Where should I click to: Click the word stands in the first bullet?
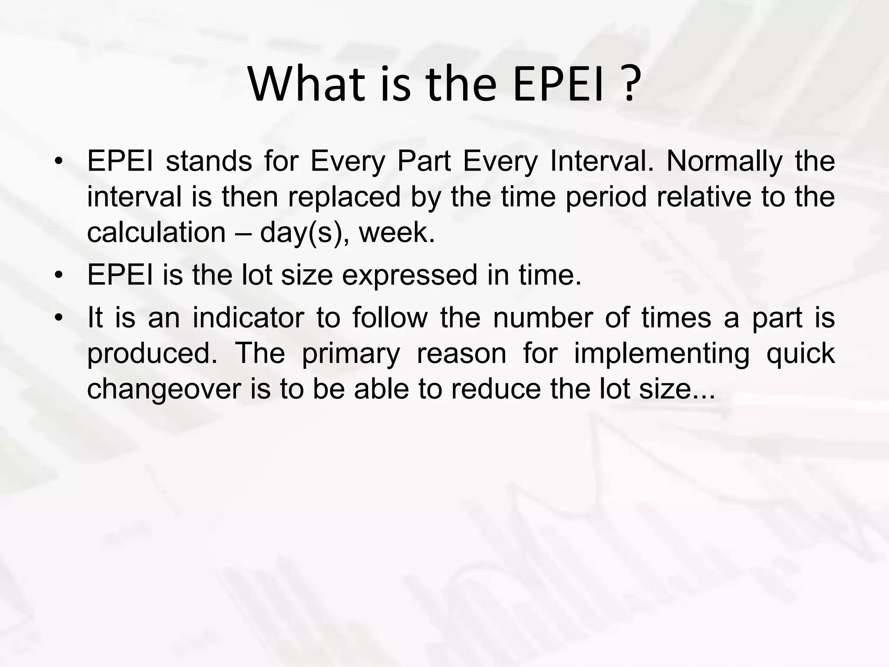tap(209, 161)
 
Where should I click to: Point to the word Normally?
tap(724, 161)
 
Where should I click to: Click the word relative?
tap(704, 197)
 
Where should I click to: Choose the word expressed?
tap(410, 275)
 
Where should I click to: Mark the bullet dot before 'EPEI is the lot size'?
tap(59, 276)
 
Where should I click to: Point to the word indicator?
tap(248, 317)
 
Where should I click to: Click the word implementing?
tap(662, 353)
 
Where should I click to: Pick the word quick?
tap(800, 353)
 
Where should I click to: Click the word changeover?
tap(164, 389)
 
